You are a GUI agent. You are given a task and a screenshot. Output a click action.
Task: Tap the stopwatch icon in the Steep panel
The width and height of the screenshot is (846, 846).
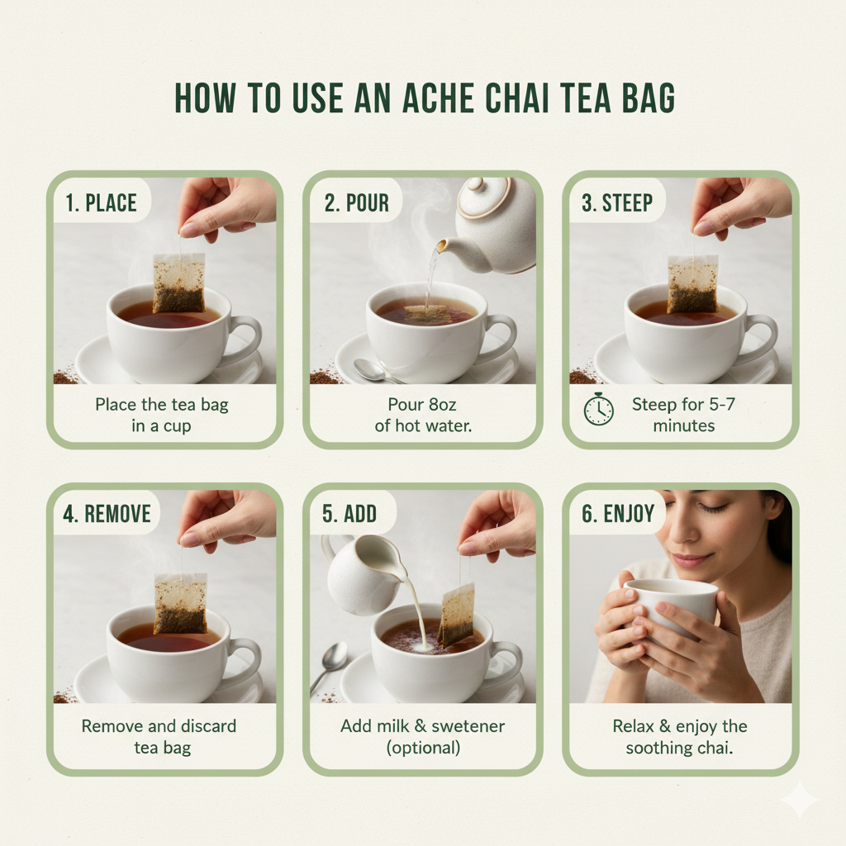(x=598, y=409)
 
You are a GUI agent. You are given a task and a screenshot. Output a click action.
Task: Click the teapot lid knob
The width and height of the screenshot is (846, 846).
(x=476, y=184)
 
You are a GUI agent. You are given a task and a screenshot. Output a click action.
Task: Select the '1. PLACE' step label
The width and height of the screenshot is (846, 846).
(x=101, y=203)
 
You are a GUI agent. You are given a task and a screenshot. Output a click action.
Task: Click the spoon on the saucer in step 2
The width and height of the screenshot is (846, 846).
(x=372, y=370)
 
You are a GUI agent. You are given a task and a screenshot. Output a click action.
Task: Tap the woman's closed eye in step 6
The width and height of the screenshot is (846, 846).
(x=715, y=508)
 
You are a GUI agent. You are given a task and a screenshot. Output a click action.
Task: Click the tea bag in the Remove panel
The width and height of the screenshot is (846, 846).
(x=181, y=603)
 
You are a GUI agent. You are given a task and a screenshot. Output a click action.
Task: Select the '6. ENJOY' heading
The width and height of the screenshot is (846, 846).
(x=618, y=513)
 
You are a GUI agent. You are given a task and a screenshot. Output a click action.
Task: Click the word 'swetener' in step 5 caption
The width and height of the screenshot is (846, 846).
(x=468, y=726)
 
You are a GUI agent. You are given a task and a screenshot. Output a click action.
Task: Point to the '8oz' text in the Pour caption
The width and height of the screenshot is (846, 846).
(x=442, y=404)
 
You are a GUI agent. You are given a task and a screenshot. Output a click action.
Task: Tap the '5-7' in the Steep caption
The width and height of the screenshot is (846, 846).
(x=722, y=404)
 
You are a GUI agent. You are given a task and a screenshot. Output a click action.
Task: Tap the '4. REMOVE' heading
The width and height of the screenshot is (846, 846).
(x=107, y=514)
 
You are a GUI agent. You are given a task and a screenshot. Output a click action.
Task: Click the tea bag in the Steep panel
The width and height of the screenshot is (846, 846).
(x=693, y=284)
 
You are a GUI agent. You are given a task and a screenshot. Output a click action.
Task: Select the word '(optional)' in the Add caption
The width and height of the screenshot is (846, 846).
(x=423, y=749)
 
